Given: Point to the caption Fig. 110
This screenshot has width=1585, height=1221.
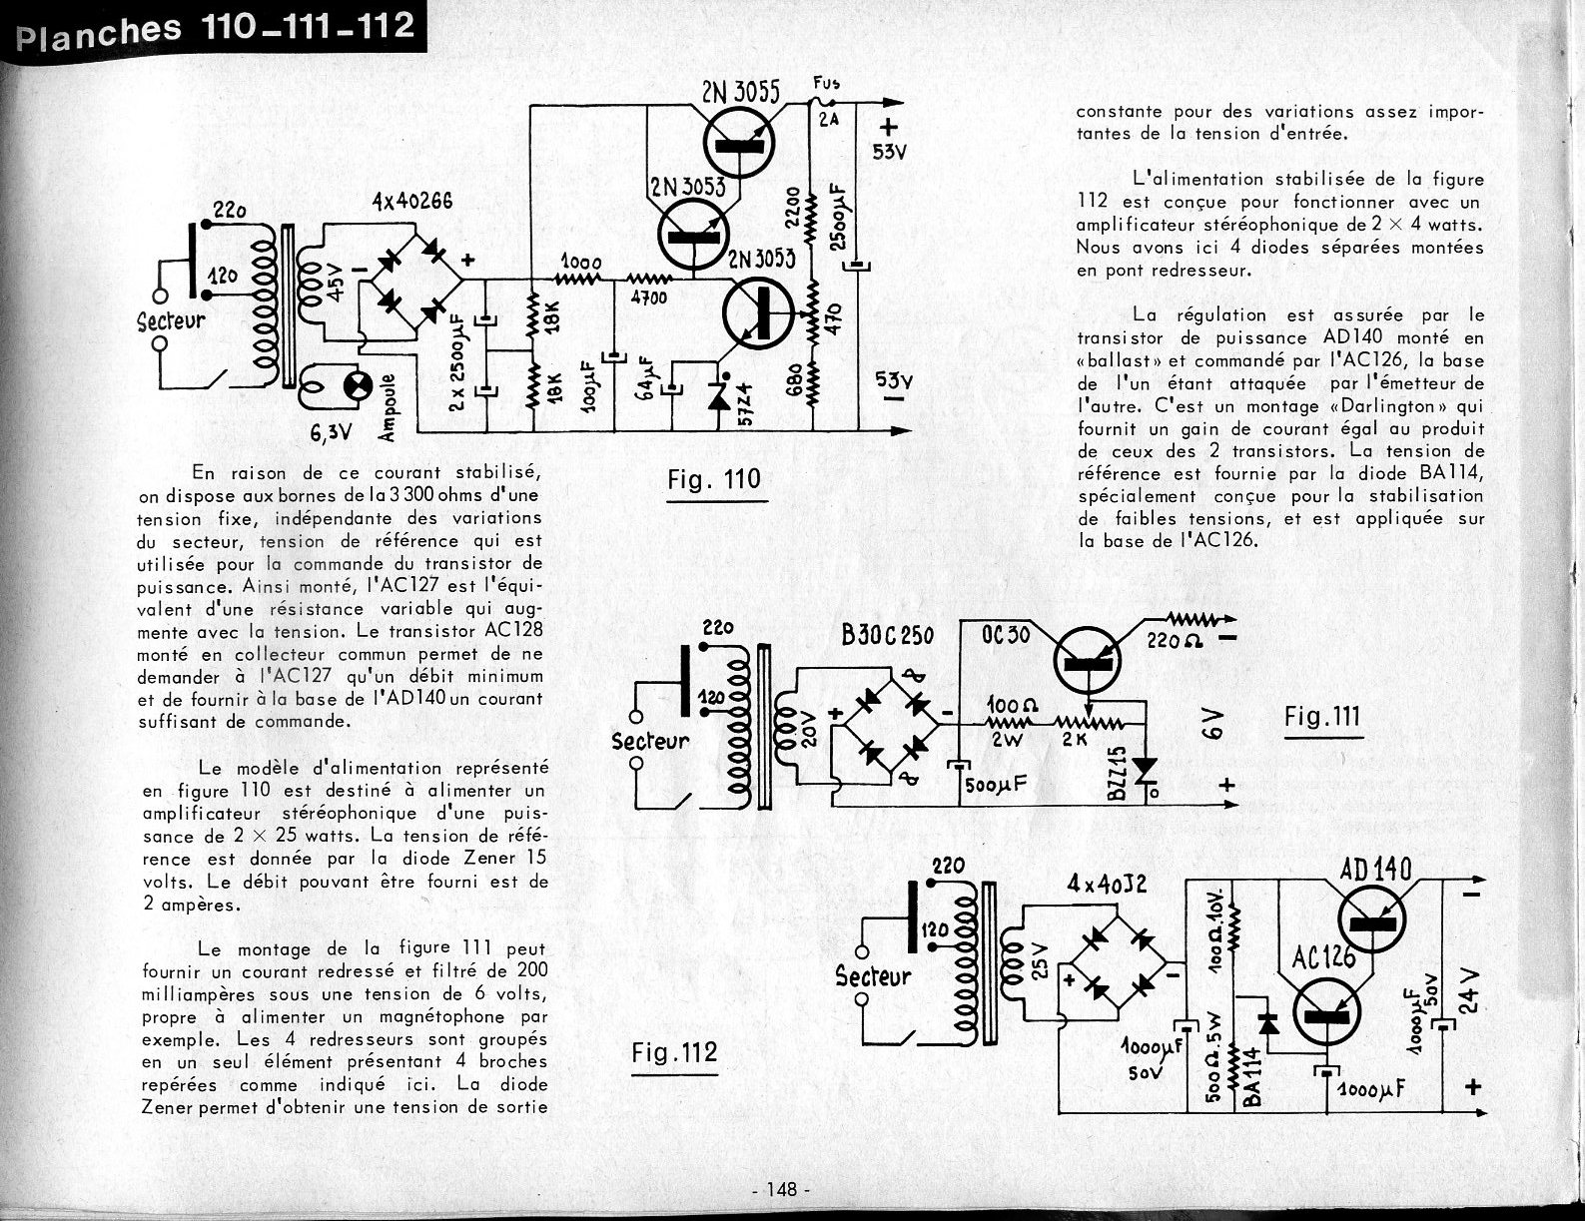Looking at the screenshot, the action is [713, 480].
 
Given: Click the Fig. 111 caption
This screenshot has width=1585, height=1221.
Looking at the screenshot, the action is [1322, 716].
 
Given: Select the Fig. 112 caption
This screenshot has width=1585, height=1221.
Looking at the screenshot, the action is [674, 1052].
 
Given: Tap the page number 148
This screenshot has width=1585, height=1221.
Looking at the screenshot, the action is [781, 1189].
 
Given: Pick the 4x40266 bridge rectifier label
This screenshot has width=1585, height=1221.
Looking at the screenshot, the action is [411, 201].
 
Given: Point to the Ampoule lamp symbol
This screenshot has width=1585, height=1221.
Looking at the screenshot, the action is [357, 384].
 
